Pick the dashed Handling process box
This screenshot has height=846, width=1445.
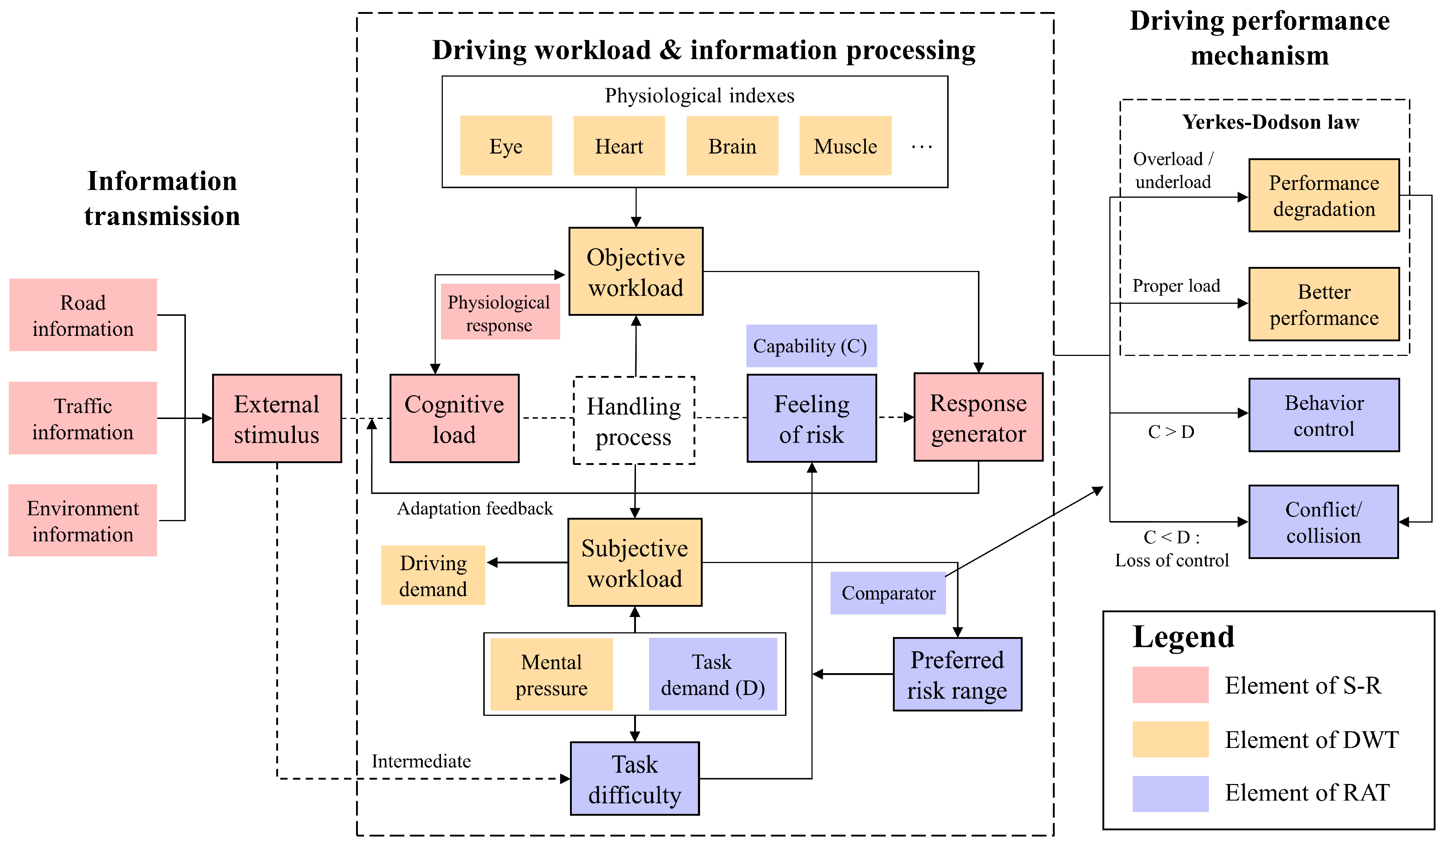(634, 420)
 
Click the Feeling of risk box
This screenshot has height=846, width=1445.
(811, 419)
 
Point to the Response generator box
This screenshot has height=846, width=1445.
(978, 418)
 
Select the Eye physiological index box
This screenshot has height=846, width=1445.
(506, 146)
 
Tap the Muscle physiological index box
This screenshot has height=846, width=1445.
(845, 146)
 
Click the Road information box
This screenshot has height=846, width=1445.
(83, 315)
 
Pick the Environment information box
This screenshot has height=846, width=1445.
(83, 520)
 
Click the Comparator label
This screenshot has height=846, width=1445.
(888, 593)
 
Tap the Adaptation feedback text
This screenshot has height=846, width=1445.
(475, 508)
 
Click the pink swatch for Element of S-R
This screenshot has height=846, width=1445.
(1170, 685)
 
